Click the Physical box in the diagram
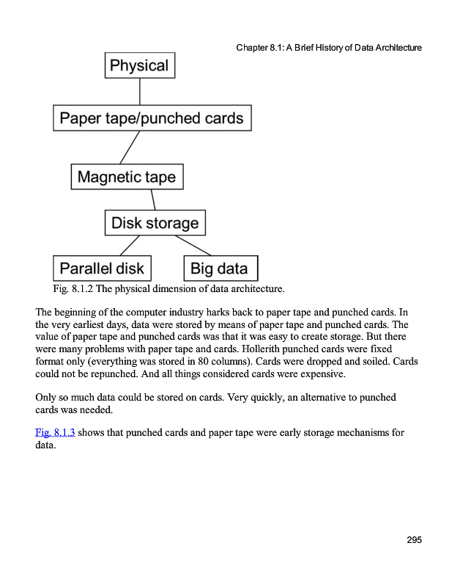pos(139,65)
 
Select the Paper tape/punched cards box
pos(152,117)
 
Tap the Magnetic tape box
pos(127,177)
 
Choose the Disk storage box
pos(155,222)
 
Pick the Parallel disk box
pos(102,268)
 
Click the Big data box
pos(219,268)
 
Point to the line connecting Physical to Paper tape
pos(139,91)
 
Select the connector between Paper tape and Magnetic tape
pos(130,147)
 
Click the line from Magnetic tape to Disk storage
pos(153,200)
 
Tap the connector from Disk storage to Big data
pos(193,245)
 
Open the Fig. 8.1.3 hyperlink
pos(55,432)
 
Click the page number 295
pos(414,541)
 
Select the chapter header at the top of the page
pos(329,48)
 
